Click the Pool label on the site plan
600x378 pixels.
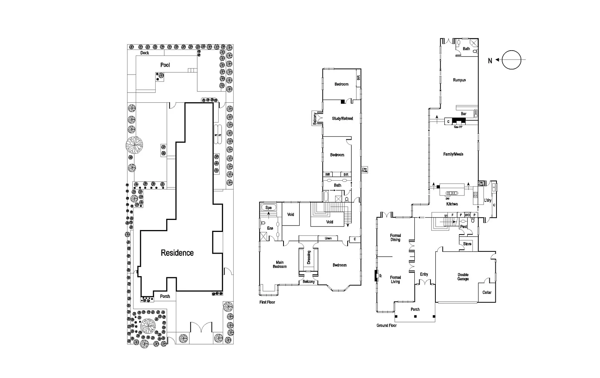click(165, 65)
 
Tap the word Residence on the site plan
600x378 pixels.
click(177, 253)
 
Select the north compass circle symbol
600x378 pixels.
click(511, 60)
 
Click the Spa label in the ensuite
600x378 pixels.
click(268, 208)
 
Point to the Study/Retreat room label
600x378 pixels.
click(342, 118)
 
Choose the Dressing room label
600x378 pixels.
click(309, 257)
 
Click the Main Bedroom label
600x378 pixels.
click(280, 264)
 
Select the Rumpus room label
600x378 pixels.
click(459, 80)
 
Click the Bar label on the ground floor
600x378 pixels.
click(463, 114)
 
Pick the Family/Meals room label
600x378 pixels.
click(453, 154)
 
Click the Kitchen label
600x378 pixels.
click(452, 204)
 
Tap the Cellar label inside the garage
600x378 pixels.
click(487, 293)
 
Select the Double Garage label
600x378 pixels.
click(463, 277)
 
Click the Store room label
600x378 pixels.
click(467, 244)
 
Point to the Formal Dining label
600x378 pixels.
click(395, 238)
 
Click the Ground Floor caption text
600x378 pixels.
click(386, 326)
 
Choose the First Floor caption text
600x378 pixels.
click(267, 302)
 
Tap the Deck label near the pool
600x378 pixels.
click(145, 53)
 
